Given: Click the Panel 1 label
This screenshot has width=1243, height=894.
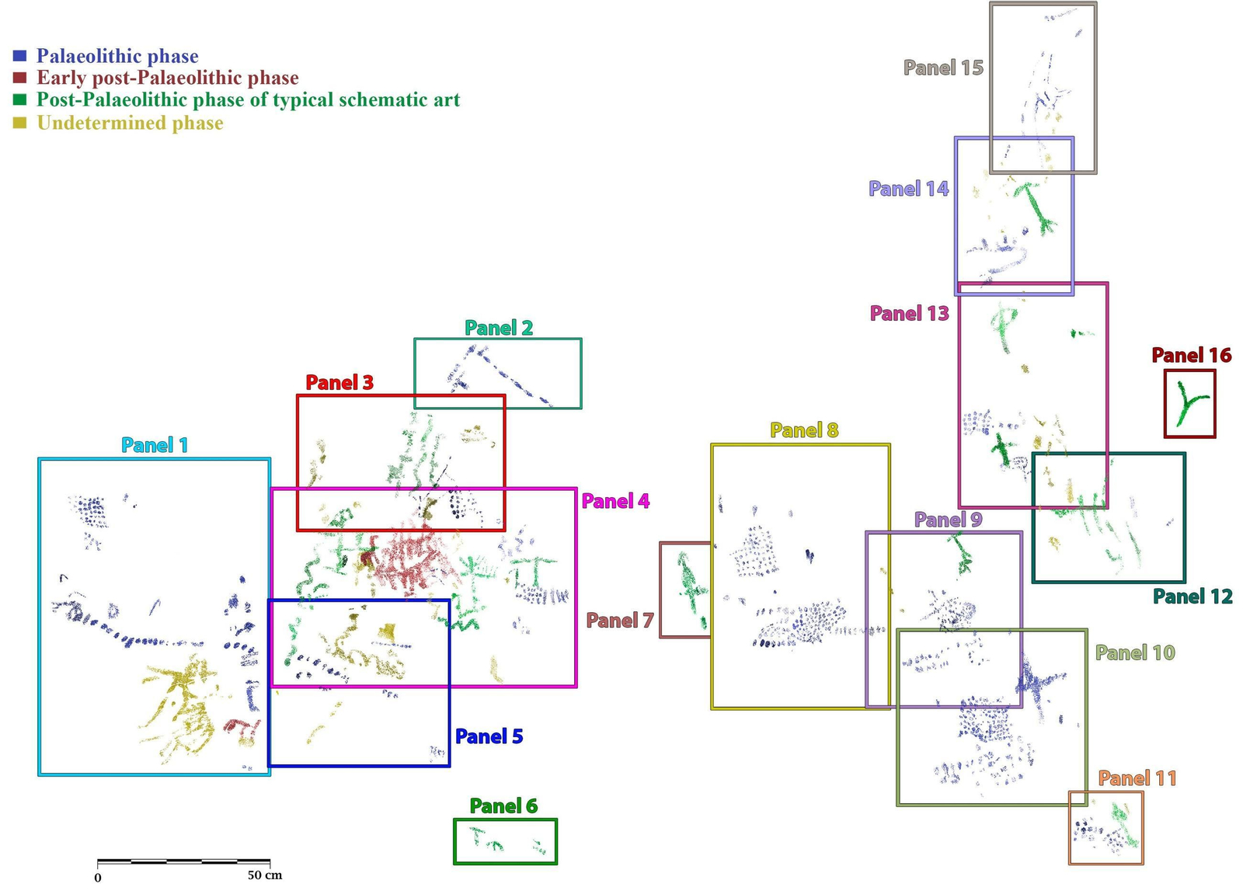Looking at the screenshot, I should click(x=154, y=445).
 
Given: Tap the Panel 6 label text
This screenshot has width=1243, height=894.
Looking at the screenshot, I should click(x=503, y=806).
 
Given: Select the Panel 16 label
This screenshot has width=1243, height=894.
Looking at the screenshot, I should click(x=1191, y=356).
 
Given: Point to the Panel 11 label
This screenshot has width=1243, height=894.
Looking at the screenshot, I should click(x=1137, y=778).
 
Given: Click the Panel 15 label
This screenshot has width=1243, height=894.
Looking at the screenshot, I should click(x=943, y=68).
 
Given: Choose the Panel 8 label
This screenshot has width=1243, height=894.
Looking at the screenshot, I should click(x=804, y=430).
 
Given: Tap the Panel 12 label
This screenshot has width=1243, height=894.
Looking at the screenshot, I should click(x=1193, y=597).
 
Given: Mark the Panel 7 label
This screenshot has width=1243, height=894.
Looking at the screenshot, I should click(x=619, y=621).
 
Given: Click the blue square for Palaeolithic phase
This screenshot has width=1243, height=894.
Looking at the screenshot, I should click(x=20, y=56).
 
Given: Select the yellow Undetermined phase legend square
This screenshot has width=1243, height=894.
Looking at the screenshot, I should click(x=20, y=123).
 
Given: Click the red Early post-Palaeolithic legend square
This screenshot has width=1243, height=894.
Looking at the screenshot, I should click(x=20, y=78).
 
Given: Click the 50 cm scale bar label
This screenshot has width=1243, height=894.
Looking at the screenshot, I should click(x=265, y=875).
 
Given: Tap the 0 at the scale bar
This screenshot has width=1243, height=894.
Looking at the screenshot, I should click(x=98, y=878).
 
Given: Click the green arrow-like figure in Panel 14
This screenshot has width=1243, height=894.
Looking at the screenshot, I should click(x=1035, y=206).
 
